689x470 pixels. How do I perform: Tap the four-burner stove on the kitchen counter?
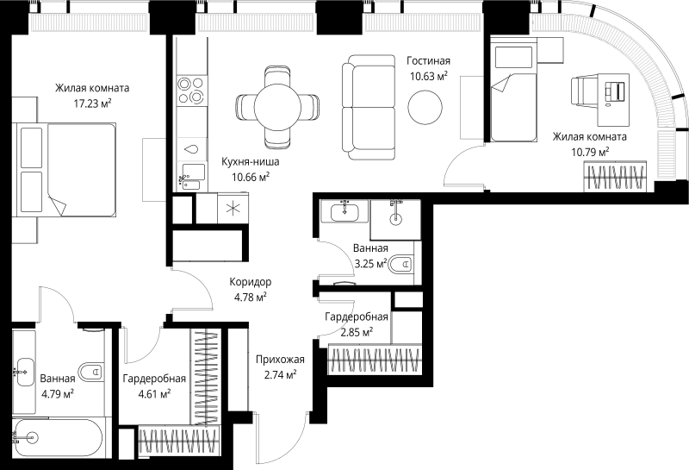click(190, 91)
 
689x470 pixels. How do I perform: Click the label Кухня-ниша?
click(251, 161)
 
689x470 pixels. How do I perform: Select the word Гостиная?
click(428, 60)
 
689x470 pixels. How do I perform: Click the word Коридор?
click(251, 282)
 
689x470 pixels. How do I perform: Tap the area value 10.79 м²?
click(589, 152)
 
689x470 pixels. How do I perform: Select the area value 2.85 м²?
click(355, 332)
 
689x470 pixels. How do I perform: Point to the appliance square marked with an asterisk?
click(232, 208)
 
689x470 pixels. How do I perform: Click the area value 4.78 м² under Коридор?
click(250, 298)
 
